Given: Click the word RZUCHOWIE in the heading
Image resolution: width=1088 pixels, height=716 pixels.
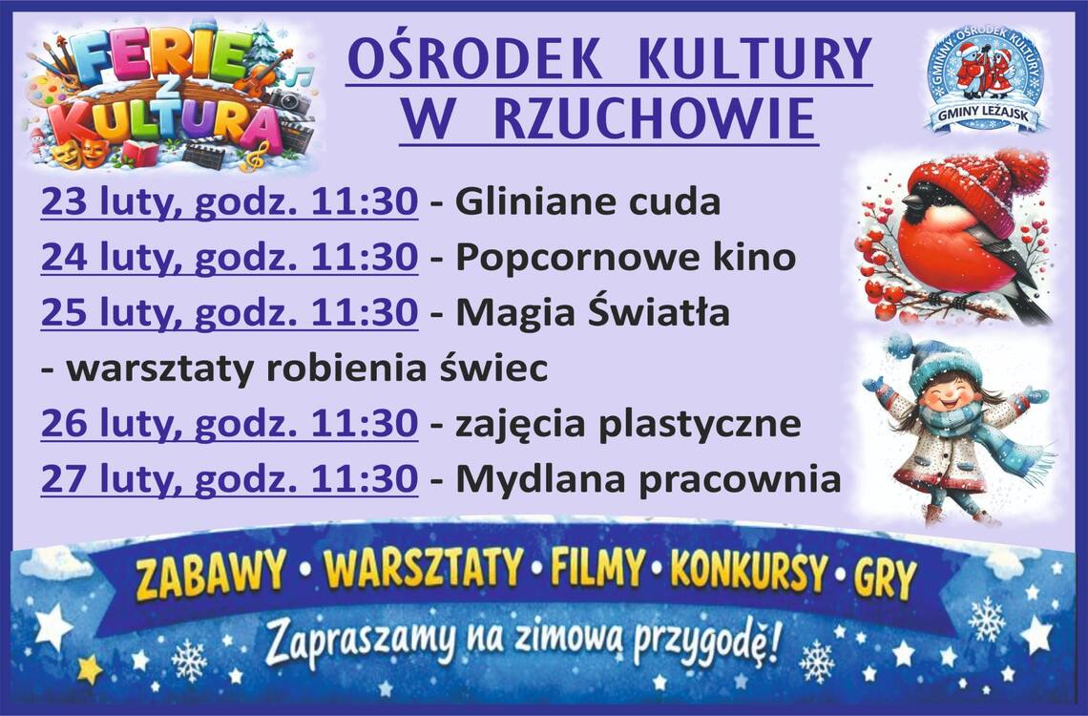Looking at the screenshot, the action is click(x=655, y=117).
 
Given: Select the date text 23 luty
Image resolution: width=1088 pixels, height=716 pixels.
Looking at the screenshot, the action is click(x=114, y=201).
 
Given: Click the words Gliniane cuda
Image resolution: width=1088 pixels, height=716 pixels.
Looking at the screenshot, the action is click(x=588, y=201).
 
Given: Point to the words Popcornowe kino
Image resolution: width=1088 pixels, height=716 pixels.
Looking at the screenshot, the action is click(x=625, y=258).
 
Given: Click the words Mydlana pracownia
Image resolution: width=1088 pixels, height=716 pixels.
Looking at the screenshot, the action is click(x=648, y=479).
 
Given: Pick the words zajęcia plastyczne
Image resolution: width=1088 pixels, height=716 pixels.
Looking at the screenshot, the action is click(x=628, y=424).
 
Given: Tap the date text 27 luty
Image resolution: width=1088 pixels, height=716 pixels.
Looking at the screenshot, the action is click(x=114, y=479).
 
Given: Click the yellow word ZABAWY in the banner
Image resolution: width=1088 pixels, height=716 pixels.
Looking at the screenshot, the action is click(x=210, y=575).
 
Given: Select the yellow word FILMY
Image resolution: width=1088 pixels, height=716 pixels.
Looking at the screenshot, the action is click(x=597, y=568).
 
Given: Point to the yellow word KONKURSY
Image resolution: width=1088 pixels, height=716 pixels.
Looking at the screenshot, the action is click(x=749, y=573).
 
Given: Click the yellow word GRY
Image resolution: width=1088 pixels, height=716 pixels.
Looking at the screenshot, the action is click(x=886, y=578).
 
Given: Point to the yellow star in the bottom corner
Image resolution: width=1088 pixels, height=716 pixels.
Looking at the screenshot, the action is click(x=90, y=669).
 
